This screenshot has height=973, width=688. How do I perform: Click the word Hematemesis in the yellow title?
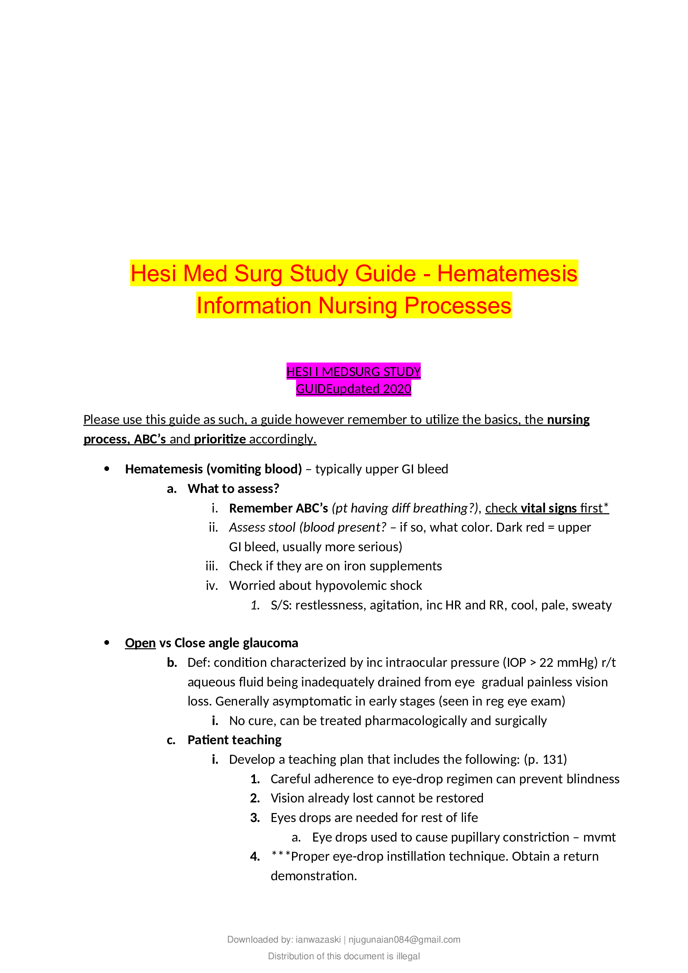(x=507, y=273)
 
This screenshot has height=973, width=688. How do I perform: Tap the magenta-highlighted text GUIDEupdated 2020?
(x=353, y=389)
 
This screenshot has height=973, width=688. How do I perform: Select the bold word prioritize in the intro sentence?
(x=220, y=439)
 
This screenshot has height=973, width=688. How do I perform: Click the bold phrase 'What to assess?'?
(x=233, y=489)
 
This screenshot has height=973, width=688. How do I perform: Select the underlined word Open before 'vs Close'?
(x=140, y=643)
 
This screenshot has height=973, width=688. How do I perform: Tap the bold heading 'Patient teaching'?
(x=234, y=740)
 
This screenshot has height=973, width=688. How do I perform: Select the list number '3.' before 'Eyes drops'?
(x=255, y=818)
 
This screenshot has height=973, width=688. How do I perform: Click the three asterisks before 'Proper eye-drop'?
(x=280, y=857)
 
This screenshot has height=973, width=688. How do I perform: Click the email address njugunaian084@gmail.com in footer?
(x=404, y=940)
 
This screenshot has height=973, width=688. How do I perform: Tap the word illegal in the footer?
(x=408, y=956)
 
